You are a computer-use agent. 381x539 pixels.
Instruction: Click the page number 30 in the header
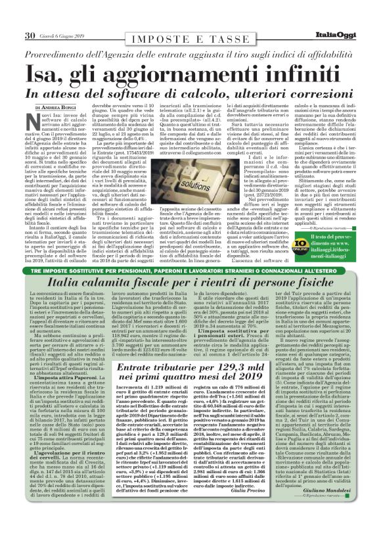pos(30,35)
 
